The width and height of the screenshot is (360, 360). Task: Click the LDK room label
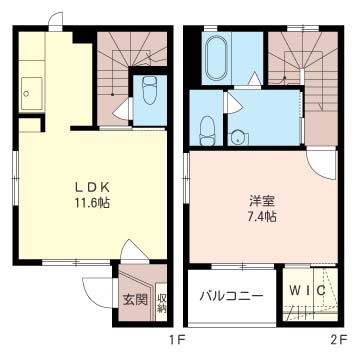(92, 187)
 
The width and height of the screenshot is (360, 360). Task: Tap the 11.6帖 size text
(92, 203)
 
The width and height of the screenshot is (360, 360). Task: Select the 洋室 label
(262, 202)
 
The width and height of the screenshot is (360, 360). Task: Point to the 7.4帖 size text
(262, 218)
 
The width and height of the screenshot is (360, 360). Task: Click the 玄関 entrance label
(135, 300)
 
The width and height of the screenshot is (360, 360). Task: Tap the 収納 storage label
(162, 303)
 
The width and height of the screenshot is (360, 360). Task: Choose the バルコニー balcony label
(232, 296)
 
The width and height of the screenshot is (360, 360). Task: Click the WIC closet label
(307, 291)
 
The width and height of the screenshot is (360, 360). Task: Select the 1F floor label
(177, 340)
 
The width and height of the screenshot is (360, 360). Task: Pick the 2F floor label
(339, 340)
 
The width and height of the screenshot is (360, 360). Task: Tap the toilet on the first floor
(150, 92)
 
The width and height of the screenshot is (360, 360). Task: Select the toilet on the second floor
(207, 130)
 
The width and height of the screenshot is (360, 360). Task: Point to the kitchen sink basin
(31, 94)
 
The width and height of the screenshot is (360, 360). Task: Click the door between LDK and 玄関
(133, 251)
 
